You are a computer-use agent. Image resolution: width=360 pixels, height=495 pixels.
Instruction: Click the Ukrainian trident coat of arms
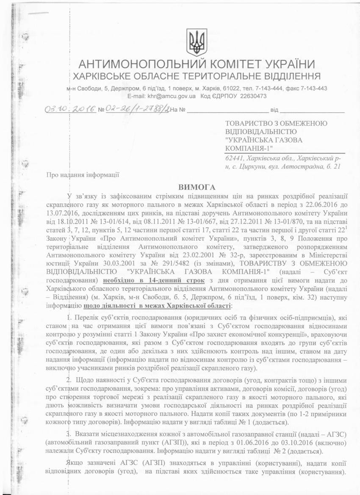(197, 42)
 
